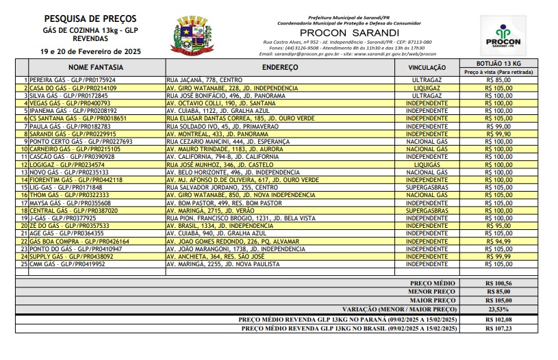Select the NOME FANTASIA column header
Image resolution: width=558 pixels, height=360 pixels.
(96, 68)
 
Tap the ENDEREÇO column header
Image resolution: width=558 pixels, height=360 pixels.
(281, 68)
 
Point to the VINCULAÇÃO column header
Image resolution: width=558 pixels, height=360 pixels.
(427, 68)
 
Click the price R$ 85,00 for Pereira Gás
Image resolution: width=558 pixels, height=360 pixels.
(498, 80)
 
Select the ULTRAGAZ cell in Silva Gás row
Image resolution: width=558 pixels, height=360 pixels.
(427, 95)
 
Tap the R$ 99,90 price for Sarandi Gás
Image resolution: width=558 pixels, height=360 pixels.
(498, 133)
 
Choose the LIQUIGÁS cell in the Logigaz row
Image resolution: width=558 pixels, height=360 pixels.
(427, 164)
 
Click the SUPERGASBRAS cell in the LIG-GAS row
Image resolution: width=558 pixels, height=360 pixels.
(427, 187)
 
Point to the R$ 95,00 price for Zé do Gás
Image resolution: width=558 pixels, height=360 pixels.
(498, 225)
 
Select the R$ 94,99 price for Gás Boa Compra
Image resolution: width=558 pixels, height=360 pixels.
(498, 240)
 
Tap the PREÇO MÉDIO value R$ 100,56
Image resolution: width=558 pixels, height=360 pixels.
(498, 282)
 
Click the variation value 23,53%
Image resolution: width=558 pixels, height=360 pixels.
(498, 309)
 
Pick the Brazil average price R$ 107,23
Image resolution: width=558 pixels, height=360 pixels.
(498, 328)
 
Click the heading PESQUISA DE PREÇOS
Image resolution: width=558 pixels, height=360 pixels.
(90, 18)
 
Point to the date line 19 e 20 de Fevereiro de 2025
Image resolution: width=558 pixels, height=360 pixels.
(90, 51)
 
